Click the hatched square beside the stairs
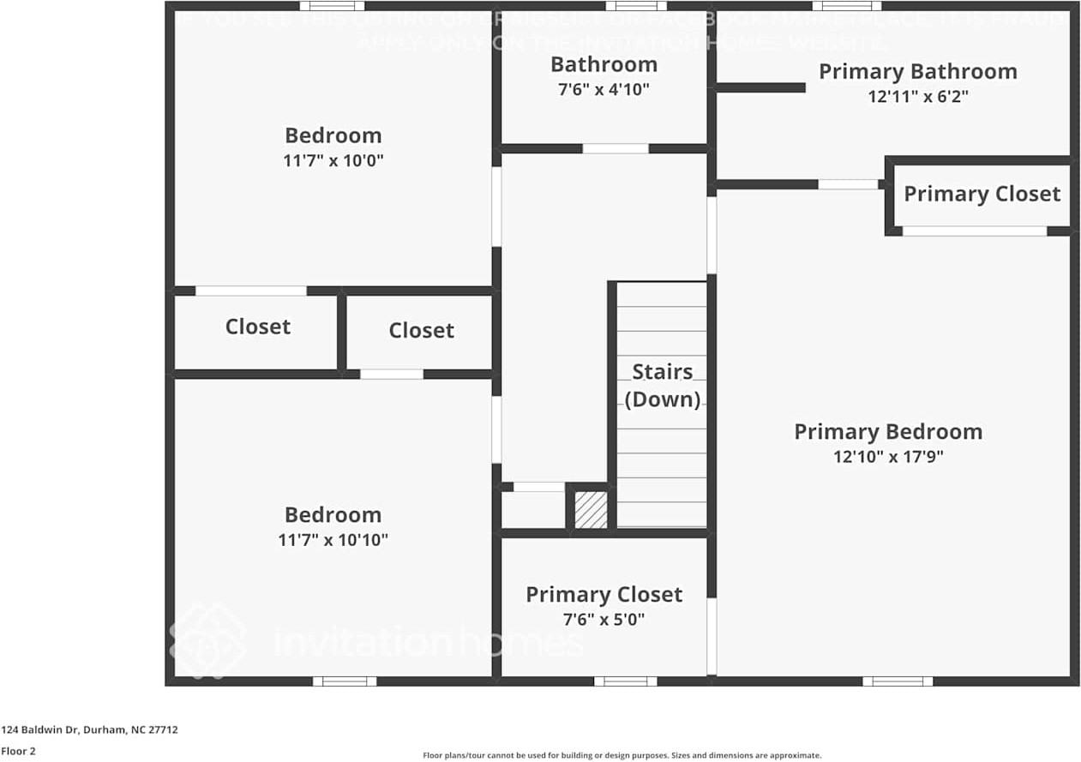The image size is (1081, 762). click(x=591, y=509)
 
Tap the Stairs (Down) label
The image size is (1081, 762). click(x=662, y=386)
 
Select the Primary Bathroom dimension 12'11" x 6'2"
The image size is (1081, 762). click(x=917, y=97)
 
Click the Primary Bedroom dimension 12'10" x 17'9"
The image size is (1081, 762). click(x=888, y=457)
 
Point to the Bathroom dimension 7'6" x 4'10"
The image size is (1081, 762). click(x=604, y=89)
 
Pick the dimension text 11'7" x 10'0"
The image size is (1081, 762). click(x=333, y=160)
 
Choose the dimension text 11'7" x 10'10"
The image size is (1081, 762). click(x=333, y=540)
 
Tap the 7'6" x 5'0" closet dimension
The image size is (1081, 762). click(x=604, y=619)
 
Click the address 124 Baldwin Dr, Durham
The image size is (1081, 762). click(x=89, y=729)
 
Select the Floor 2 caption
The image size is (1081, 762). click(x=18, y=751)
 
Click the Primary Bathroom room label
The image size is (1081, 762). click(x=917, y=71)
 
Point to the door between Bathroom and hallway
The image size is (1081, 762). click(x=616, y=148)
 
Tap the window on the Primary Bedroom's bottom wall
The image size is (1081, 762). click(x=897, y=681)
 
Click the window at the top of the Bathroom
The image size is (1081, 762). click(x=635, y=6)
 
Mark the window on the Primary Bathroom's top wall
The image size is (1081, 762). click(x=846, y=6)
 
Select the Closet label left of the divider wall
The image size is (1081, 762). click(x=257, y=327)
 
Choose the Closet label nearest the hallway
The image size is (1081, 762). click(x=421, y=330)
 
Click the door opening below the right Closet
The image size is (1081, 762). click(x=392, y=374)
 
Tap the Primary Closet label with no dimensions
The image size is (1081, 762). click(x=982, y=194)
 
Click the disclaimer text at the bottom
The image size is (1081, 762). click(x=622, y=755)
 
